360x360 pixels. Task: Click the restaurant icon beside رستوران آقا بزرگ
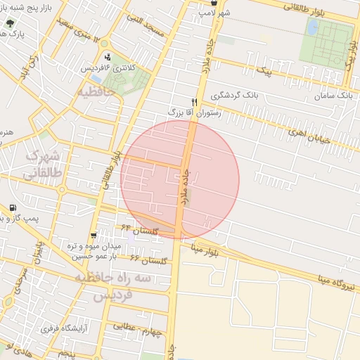click(x=194, y=102)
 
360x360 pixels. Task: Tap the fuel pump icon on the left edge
click(x=13, y=209)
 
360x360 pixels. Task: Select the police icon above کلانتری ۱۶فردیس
click(x=107, y=57)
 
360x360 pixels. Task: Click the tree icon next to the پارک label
click(x=9, y=22)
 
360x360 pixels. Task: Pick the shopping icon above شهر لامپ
click(x=214, y=3)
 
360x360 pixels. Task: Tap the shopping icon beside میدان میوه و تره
click(x=93, y=236)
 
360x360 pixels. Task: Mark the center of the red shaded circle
click(x=180, y=179)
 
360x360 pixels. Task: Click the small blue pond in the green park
click(x=313, y=29)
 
